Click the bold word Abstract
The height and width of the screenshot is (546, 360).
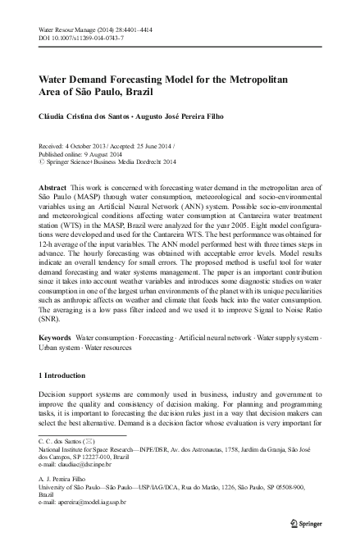click(54, 188)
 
